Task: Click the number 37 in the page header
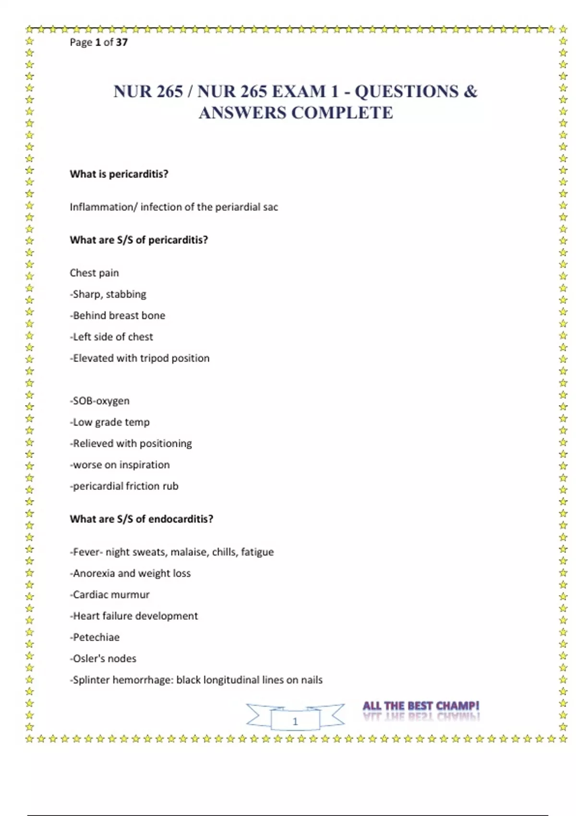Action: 122,42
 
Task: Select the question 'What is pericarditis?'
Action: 119,174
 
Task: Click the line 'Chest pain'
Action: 94,273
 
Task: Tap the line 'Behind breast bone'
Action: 119,315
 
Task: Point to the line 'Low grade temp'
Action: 111,422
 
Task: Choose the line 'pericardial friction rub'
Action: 125,486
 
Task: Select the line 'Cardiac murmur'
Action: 111,595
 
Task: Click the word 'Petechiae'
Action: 96,637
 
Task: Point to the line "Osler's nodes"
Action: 104,659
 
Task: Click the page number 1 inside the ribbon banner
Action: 295,721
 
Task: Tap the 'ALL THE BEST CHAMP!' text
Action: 420,706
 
